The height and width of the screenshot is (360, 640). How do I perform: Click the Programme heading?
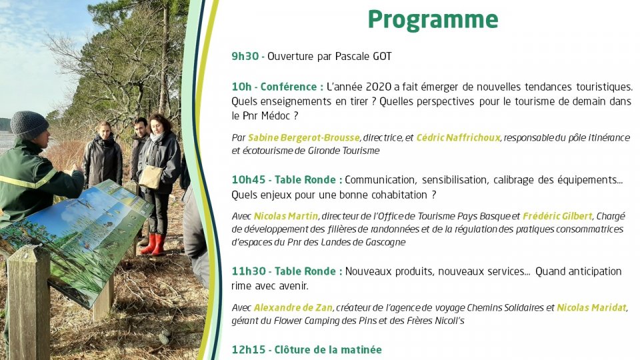pyautogui.click(x=433, y=20)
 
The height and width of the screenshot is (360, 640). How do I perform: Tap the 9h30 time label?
pyautogui.click(x=245, y=56)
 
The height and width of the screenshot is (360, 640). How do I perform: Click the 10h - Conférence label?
pyautogui.click(x=277, y=87)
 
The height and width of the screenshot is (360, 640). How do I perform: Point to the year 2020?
pyautogui.click(x=379, y=87)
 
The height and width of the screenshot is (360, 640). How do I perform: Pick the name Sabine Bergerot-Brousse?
pyautogui.click(x=304, y=138)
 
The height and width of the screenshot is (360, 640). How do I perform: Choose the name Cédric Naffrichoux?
pyautogui.click(x=459, y=138)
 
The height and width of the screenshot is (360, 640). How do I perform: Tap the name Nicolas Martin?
pyautogui.click(x=286, y=216)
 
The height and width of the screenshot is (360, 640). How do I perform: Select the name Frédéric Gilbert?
pyautogui.click(x=557, y=216)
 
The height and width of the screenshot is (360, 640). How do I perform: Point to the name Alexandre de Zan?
pyautogui.click(x=293, y=308)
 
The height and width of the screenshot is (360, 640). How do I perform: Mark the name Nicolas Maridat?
pyautogui.click(x=591, y=308)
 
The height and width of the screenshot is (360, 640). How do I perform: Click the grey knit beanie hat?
pyautogui.click(x=29, y=125)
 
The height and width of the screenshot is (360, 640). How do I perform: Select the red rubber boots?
pyautogui.click(x=154, y=244)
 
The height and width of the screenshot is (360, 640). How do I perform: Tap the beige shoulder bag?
pyautogui.click(x=151, y=177)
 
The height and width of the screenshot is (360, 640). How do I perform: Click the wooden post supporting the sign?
pyautogui.click(x=29, y=302)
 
